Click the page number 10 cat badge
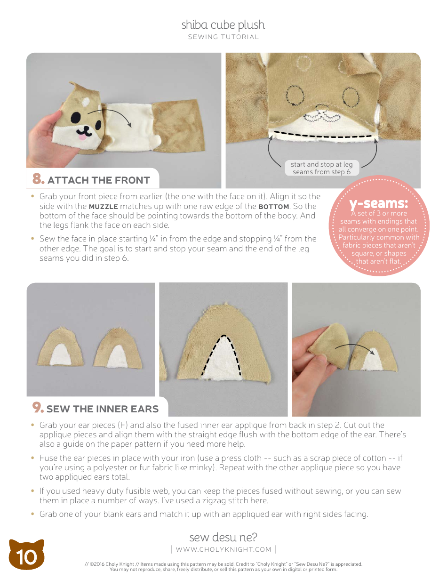pos(26,556)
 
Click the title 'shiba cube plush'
pos(223,25)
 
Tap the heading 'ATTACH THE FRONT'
pos(99,180)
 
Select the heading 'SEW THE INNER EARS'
pos(103,409)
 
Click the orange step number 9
pos(38,408)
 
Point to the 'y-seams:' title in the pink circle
pos(378,204)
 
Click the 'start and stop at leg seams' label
pos(321,168)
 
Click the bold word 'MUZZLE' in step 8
pos(104,207)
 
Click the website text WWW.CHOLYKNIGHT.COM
pos(223,549)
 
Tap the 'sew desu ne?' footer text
pos(223,537)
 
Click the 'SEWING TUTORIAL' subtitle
pos(223,37)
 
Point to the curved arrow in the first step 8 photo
pos(116,115)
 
